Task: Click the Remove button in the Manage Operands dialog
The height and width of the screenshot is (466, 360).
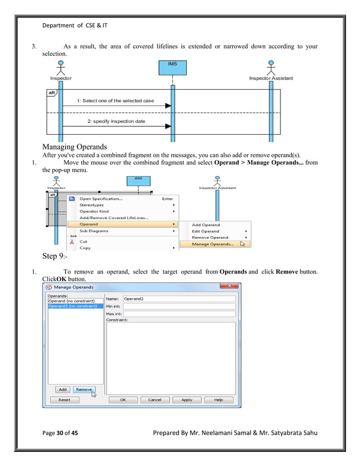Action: click(84, 389)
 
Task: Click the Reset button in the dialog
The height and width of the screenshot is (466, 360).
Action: click(64, 399)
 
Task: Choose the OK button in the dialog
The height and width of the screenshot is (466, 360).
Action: click(122, 399)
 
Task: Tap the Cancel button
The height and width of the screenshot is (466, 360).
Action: click(154, 399)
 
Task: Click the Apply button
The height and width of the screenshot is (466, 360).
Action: click(186, 399)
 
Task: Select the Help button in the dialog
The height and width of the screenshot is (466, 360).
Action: click(218, 399)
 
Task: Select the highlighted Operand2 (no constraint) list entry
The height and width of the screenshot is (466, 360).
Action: click(75, 306)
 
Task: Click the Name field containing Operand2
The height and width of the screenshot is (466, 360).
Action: click(179, 298)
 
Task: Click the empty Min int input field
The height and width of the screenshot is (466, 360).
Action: click(179, 306)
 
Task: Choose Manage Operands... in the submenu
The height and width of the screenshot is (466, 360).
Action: click(213, 244)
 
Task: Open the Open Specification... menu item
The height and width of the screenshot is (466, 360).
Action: click(101, 199)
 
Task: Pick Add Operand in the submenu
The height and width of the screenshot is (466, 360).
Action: click(206, 225)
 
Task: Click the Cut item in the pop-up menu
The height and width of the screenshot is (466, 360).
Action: click(84, 241)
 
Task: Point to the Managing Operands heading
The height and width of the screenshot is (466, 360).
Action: click(74, 147)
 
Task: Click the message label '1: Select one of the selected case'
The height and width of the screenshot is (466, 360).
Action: click(118, 100)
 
